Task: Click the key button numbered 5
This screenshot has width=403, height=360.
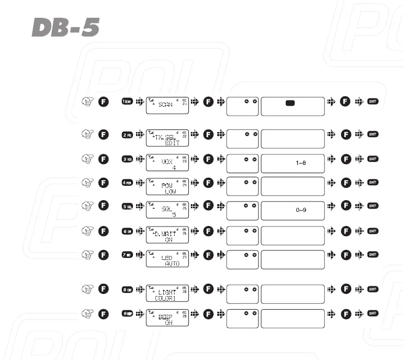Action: pos(127,206)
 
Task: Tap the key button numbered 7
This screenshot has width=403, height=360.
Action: pos(127,254)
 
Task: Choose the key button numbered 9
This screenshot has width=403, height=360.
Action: pos(127,313)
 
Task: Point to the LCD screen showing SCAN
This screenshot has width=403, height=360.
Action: pos(167,105)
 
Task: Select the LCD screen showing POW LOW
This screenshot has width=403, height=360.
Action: pos(167,186)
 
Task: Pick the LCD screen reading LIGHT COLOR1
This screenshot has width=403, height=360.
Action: pos(167,293)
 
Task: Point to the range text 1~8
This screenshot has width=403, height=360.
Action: pos(300,163)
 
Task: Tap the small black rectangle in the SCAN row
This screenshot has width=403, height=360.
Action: pos(290,103)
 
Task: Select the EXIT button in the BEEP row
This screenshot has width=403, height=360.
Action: pos(373,313)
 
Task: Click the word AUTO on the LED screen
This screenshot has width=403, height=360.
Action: pos(173,264)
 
